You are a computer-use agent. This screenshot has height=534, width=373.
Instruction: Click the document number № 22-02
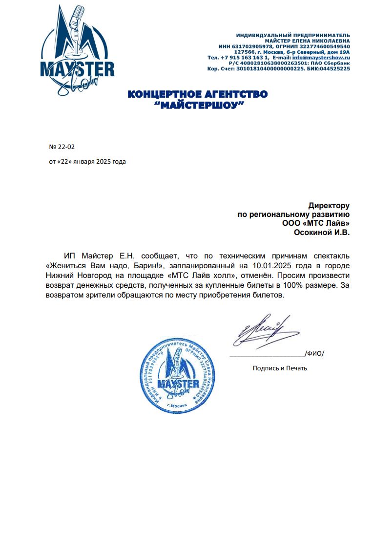pyautogui.click(x=62, y=147)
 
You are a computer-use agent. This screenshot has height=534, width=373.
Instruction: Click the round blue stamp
pyautogui.click(x=177, y=376)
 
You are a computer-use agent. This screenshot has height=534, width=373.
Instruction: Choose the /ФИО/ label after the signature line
pyautogui.click(x=314, y=353)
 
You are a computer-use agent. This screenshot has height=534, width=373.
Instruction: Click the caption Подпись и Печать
pyautogui.click(x=280, y=368)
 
